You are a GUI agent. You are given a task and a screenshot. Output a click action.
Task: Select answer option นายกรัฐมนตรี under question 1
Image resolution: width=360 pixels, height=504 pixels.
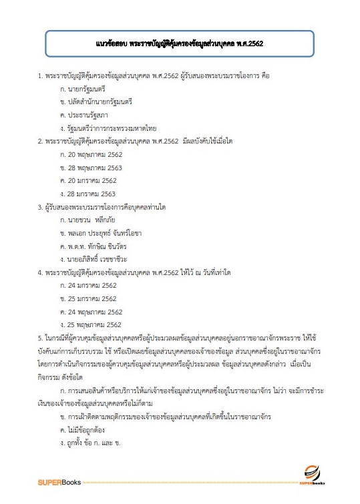click(82, 89)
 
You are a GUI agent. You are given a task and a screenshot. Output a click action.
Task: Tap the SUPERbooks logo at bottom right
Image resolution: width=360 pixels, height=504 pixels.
click(311, 475)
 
